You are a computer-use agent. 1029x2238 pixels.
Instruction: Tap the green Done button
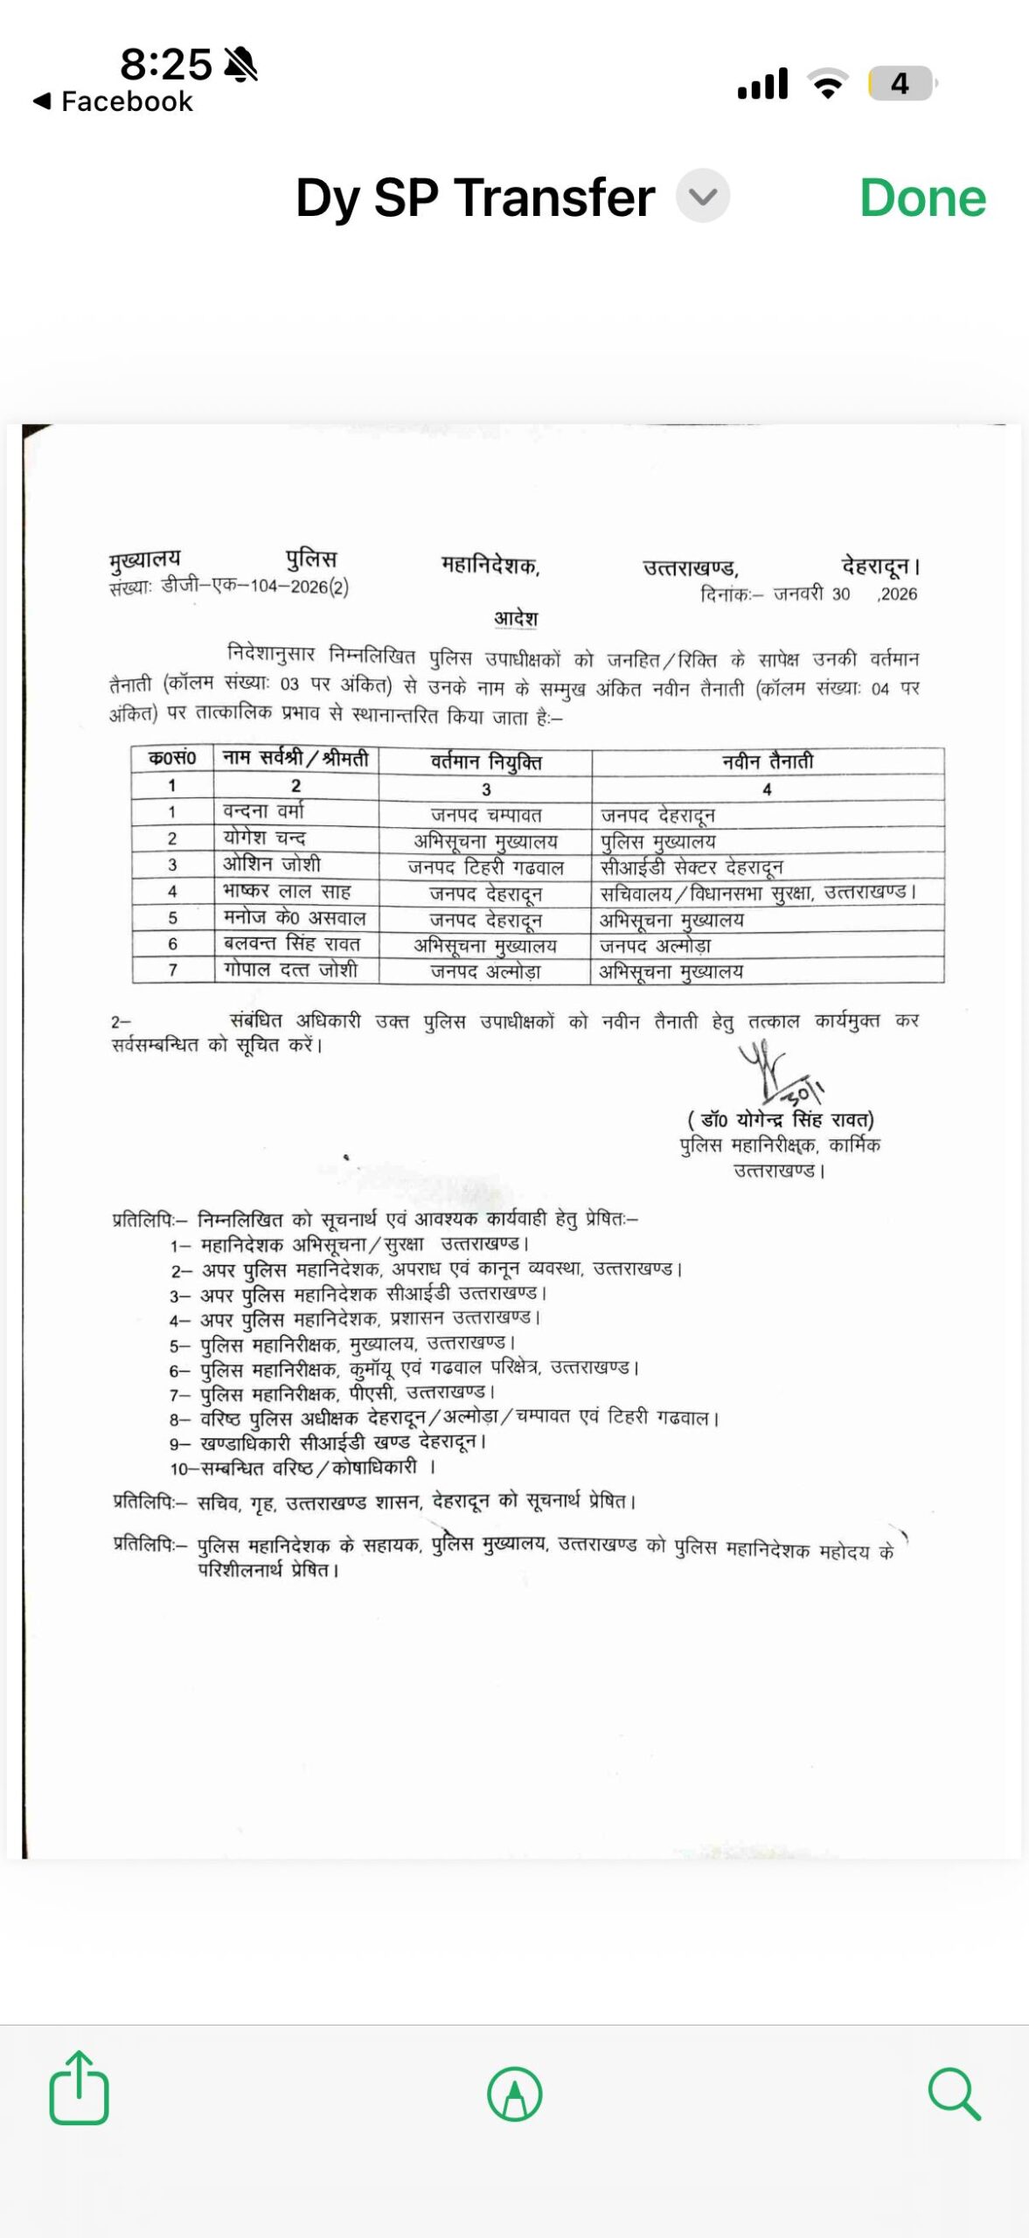click(x=922, y=198)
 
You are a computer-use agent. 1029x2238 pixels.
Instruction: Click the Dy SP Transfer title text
click(x=475, y=198)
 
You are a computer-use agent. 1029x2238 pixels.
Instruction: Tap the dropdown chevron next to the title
click(x=702, y=196)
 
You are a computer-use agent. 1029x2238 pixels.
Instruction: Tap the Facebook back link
click(x=114, y=101)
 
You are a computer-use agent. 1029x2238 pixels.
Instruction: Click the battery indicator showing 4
click(x=901, y=84)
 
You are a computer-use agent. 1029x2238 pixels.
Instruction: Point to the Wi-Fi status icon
click(x=827, y=84)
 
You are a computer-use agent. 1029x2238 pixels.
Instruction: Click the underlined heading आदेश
click(x=516, y=618)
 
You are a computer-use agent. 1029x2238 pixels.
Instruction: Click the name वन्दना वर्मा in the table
click(x=263, y=811)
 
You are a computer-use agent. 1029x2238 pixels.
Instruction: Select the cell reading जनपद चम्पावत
click(x=486, y=815)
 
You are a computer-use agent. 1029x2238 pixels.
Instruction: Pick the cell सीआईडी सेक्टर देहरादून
click(x=692, y=867)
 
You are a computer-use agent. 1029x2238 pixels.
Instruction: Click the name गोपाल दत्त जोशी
click(x=290, y=970)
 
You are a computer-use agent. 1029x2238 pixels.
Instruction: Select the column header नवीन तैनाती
click(x=767, y=761)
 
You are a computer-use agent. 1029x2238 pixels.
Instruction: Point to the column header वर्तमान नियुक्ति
click(x=486, y=762)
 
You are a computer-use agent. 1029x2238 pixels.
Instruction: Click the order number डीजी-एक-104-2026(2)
click(x=255, y=587)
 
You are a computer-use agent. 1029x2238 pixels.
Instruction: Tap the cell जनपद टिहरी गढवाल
click(x=486, y=867)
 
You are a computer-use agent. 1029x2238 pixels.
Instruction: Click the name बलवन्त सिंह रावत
click(x=291, y=944)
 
